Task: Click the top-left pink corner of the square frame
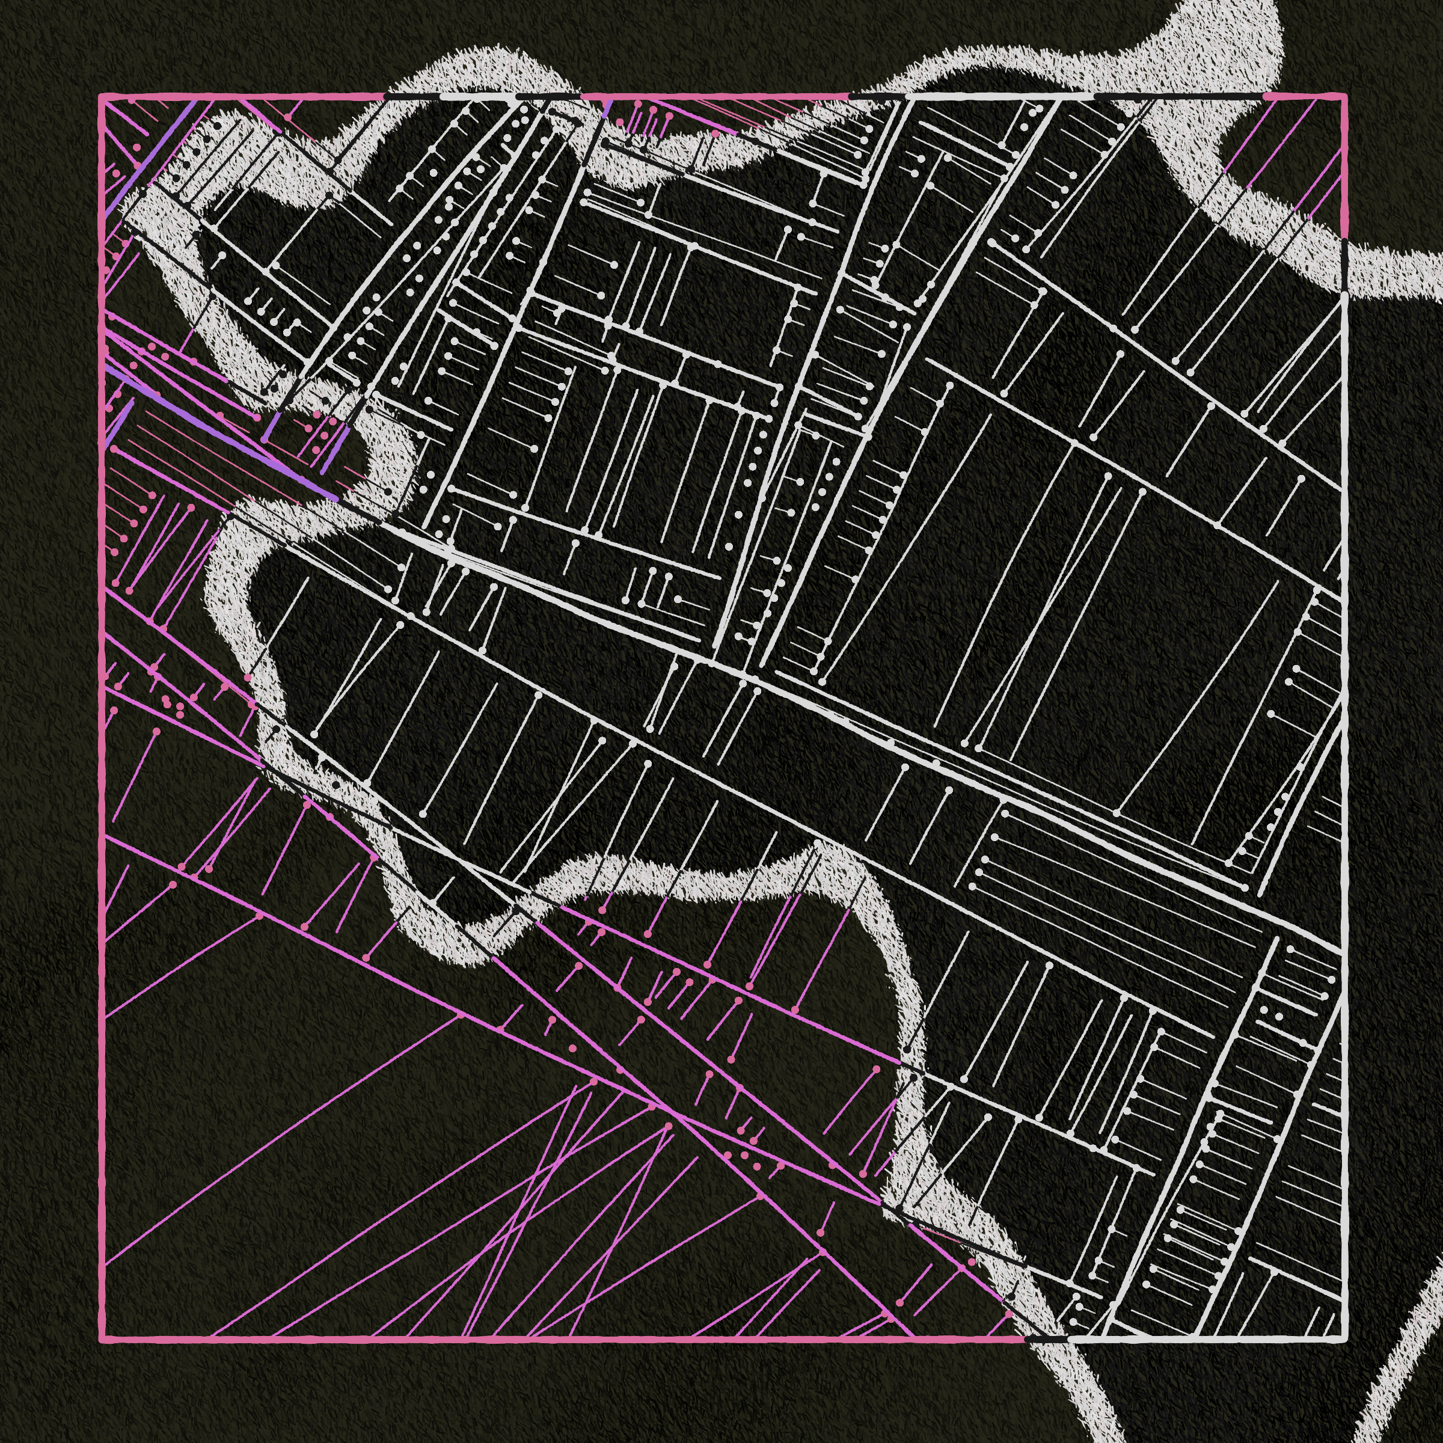tap(102, 96)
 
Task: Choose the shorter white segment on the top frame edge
tap(478, 96)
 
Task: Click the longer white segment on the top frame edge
tap(1001, 96)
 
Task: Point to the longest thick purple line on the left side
tap(224, 433)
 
